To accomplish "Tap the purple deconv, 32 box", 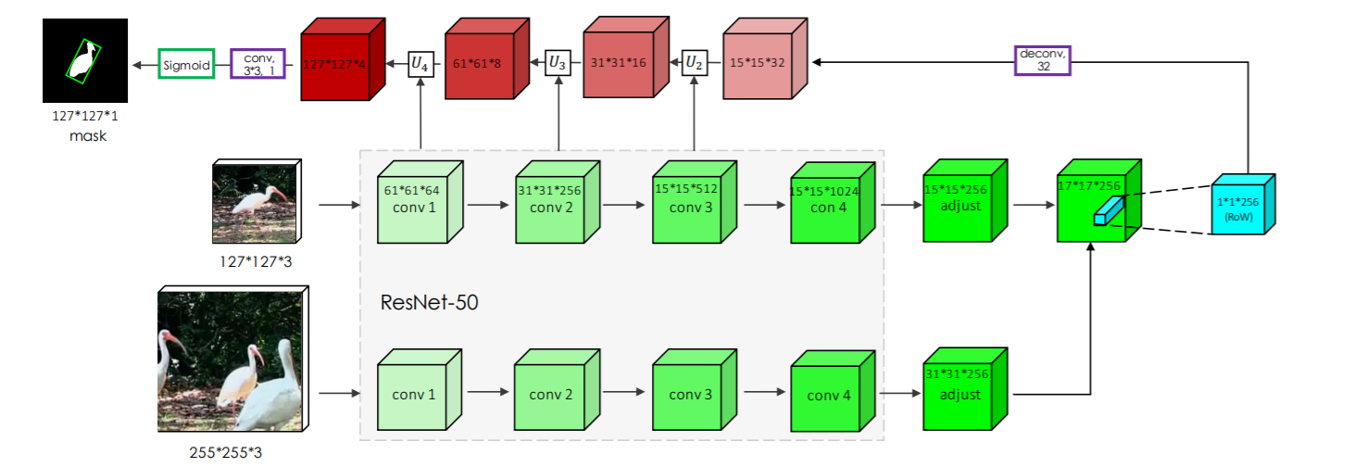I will pyautogui.click(x=1043, y=60).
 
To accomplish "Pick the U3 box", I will pyautogui.click(x=558, y=63).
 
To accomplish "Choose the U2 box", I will pyautogui.click(x=694, y=63).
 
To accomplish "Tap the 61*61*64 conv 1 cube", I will pyautogui.click(x=415, y=208).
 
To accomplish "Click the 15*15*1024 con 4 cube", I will pyautogui.click(x=826, y=208).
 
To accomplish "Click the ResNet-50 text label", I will pyautogui.click(x=429, y=303).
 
